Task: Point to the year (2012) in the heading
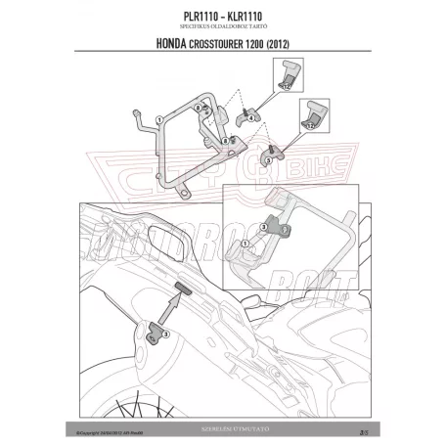[279, 46]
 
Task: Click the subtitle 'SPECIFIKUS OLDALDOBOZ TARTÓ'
[222, 27]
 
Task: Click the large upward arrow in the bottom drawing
[168, 311]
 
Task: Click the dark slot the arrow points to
[182, 285]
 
